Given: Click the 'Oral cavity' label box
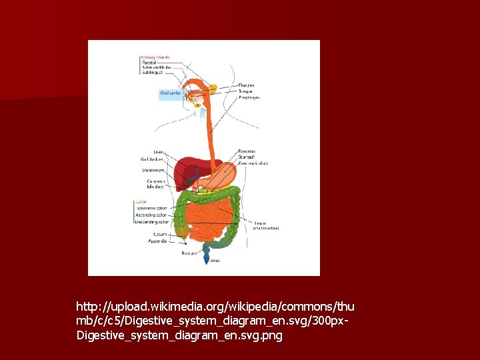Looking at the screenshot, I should point(171,93).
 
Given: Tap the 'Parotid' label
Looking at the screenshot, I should point(149,63).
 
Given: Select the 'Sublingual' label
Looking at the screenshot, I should point(152,72).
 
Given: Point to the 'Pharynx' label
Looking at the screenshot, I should point(246,85).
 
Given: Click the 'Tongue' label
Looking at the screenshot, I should point(245,91).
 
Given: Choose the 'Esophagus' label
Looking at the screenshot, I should point(249,97).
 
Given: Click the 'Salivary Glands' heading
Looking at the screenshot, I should point(155,57).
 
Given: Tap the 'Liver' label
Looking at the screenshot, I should point(158,152).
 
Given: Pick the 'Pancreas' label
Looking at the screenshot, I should point(247,151).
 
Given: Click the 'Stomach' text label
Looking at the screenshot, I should point(247,157).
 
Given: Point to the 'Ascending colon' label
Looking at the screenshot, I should point(151,215).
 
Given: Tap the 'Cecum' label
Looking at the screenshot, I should point(160,234).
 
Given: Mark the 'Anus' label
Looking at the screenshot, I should point(215,261).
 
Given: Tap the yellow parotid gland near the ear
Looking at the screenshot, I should point(213,87).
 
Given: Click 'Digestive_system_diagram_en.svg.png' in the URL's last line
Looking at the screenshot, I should point(179,335).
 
